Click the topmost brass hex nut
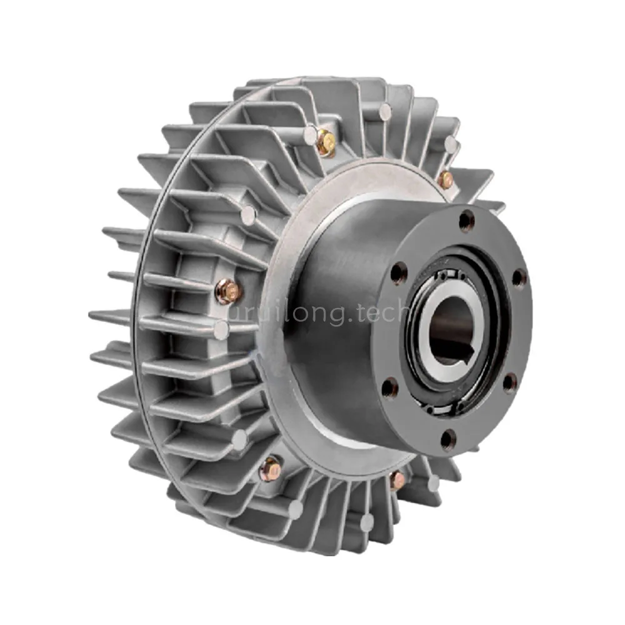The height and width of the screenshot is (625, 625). coord(326,143)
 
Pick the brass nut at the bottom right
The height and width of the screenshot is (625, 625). coord(397,480)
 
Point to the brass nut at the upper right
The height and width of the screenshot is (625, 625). coord(445,179)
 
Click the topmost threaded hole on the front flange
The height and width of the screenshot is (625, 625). coord(466,220)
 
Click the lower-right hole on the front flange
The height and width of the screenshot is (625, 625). coord(511,382)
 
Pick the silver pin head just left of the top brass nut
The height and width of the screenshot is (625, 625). coord(310,133)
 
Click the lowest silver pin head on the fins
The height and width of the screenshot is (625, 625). coord(367,522)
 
